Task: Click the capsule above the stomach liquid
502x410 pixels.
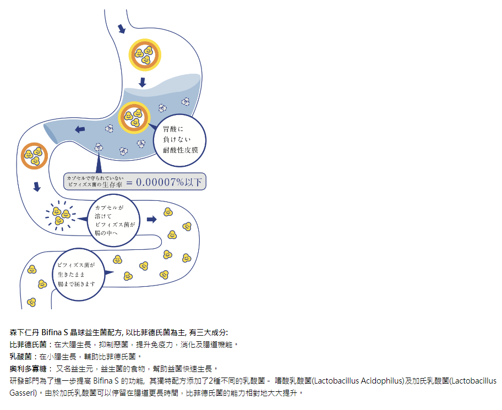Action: (144, 54)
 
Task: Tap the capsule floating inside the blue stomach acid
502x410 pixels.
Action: (133, 117)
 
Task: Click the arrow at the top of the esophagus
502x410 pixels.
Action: (122, 28)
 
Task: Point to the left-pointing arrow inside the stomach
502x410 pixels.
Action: (80, 129)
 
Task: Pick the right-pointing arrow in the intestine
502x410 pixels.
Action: (152, 219)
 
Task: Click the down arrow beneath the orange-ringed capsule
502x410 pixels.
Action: (37, 187)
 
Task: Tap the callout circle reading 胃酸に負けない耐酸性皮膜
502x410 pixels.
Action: (181, 140)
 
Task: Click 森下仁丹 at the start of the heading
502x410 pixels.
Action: (24, 332)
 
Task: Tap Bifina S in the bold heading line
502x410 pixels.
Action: (54, 332)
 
